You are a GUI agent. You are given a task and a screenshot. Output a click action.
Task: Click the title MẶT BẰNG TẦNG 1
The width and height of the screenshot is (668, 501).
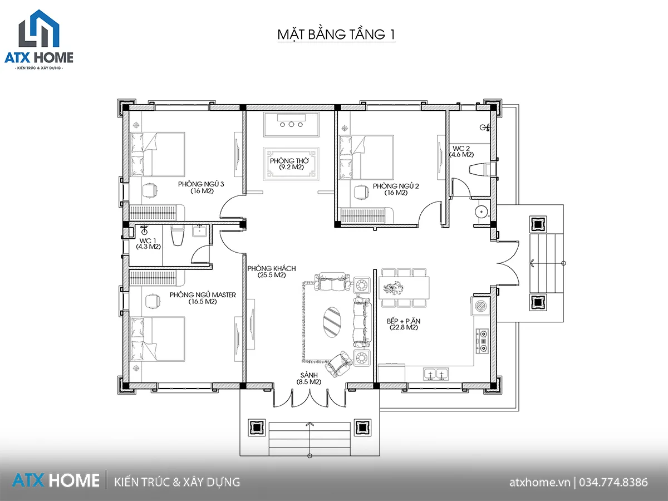336,35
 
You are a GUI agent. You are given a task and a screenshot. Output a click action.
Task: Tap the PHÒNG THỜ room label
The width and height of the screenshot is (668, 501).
289,161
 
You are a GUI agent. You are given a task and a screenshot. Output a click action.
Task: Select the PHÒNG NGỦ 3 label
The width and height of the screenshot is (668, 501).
201,184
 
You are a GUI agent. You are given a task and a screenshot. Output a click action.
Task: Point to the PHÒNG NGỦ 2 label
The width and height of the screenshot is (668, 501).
396,186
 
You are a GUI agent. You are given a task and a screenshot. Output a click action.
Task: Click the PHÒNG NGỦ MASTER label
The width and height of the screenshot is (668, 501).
203,295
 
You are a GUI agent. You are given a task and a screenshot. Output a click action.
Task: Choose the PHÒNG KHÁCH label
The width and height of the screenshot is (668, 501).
272,268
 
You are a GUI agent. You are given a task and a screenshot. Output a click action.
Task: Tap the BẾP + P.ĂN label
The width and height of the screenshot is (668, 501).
404,321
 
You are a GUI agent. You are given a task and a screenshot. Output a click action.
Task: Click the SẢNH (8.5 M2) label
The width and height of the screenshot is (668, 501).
309,379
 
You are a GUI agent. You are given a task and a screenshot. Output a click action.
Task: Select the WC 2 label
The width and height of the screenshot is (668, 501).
461,149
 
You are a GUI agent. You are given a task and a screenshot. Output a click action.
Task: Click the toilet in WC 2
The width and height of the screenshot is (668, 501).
482,169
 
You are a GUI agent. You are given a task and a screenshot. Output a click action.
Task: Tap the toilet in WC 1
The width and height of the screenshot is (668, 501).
178,235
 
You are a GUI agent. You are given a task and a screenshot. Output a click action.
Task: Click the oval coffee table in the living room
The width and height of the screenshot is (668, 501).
332,322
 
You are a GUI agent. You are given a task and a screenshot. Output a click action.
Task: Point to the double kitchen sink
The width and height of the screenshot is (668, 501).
436,374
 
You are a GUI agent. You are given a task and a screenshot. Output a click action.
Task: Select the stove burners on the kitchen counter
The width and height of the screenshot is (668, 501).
483,341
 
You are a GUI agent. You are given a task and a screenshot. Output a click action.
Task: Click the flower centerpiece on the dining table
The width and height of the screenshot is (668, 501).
394,288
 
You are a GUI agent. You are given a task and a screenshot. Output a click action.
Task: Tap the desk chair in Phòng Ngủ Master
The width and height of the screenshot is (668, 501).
153,301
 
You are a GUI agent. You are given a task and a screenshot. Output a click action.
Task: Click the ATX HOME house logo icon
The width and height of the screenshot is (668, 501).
39,28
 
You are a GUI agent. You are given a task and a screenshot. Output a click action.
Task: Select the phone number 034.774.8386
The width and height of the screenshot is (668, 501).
613,482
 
